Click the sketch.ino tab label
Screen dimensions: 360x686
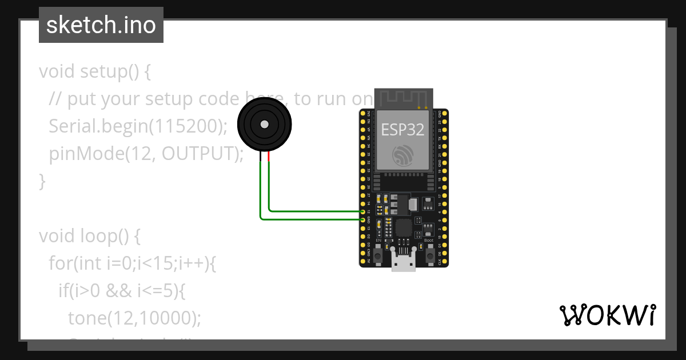101,25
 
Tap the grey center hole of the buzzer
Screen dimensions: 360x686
264,124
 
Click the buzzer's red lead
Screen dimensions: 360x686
269,157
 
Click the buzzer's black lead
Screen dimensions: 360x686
260,157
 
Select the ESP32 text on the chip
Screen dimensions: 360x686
402,130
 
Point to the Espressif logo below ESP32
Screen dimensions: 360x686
402,155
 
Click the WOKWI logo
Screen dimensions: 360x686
607,315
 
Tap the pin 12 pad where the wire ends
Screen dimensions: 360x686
363,212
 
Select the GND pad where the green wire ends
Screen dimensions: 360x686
363,219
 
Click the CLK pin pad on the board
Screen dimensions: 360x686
445,262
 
